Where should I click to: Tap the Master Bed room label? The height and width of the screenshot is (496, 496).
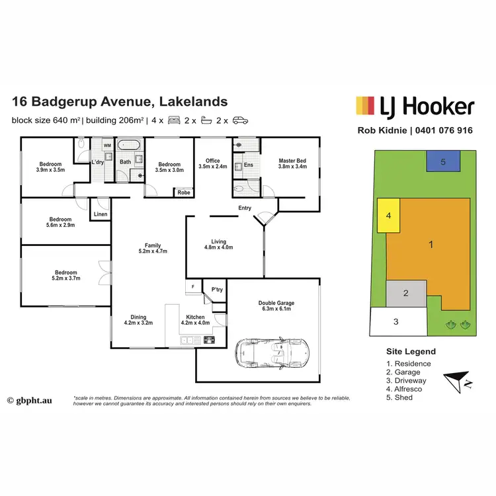pos(292,164)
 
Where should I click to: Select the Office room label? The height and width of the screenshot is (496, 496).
pos(212,164)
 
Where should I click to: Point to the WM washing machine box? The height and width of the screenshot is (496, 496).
pos(106,145)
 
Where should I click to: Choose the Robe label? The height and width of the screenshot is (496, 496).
pos(183,193)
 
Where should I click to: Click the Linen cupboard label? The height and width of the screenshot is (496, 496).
pos(100,214)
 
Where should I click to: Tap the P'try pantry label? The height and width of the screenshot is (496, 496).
pos(216,290)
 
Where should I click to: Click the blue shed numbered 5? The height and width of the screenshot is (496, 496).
pos(444,161)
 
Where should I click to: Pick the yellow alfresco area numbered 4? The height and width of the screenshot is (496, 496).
pos(390,216)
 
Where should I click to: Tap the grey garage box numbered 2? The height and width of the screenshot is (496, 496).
pos(405,294)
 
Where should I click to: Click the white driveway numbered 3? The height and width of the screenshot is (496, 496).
pos(396,323)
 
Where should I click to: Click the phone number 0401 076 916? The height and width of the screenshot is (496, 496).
pos(443,130)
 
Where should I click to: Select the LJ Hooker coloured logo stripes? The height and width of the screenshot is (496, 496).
pos(365,106)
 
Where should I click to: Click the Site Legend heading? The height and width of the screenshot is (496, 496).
pos(411,352)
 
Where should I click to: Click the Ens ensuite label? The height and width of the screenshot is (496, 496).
pos(249,165)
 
